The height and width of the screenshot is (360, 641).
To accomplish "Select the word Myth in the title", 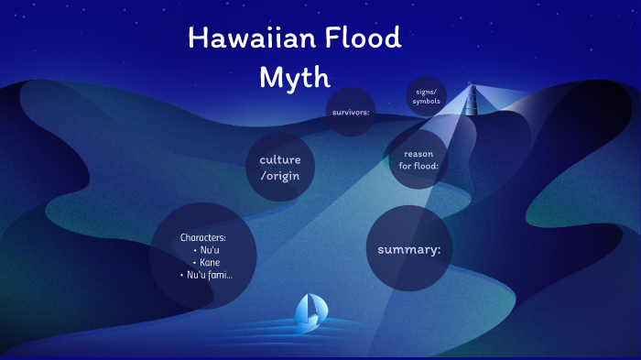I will point(294,77).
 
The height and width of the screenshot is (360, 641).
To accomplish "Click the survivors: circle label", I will point(351,113).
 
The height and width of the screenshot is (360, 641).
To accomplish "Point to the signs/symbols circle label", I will point(427,96).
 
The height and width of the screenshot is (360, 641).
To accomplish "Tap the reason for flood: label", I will point(419,160).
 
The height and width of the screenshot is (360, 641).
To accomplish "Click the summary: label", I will point(409,249).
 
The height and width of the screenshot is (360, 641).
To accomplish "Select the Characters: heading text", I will point(202,238).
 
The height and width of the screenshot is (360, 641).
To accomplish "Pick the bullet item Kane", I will point(210,262).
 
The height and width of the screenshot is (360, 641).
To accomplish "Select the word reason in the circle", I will point(419,154).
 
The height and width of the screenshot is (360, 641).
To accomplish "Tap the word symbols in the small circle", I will point(427,101).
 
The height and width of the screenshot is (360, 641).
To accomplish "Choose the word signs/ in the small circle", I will point(427,92).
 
